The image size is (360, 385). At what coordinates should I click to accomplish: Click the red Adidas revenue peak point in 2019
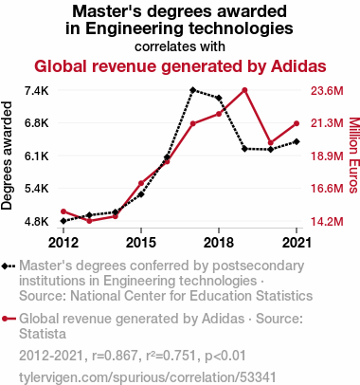pos(244,90)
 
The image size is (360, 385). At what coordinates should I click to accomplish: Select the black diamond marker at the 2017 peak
pos(192,90)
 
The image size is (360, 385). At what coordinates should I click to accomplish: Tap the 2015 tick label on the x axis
pos(141,243)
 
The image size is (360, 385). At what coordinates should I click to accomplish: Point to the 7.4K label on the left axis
pos(37,91)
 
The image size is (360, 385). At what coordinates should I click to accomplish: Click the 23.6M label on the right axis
pos(327,91)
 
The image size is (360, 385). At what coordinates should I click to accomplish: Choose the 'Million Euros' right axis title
pos(354,155)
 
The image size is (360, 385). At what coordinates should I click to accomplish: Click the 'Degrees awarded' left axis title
pos(7,156)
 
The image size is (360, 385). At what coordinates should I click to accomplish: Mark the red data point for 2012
pos(63,211)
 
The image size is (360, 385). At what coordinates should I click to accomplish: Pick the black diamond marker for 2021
pos(297,141)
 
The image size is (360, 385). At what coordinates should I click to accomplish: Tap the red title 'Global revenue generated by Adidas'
pos(180,66)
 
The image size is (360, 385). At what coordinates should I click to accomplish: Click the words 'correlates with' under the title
pos(180,46)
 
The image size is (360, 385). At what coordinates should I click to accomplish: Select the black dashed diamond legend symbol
pos(9,266)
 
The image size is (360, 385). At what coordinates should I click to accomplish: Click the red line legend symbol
pos(9,319)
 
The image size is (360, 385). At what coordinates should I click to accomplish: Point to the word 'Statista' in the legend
pos(43,334)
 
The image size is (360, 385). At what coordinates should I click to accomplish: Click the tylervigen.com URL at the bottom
pos(148,377)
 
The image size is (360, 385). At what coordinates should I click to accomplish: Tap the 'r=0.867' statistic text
pos(115,356)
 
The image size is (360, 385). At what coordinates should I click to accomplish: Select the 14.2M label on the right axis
pos(327,222)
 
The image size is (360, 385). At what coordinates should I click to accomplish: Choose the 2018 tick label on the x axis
pos(219,243)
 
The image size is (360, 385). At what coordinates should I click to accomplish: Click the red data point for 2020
pos(270,143)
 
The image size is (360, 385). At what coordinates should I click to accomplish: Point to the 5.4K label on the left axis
pos(37,189)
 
